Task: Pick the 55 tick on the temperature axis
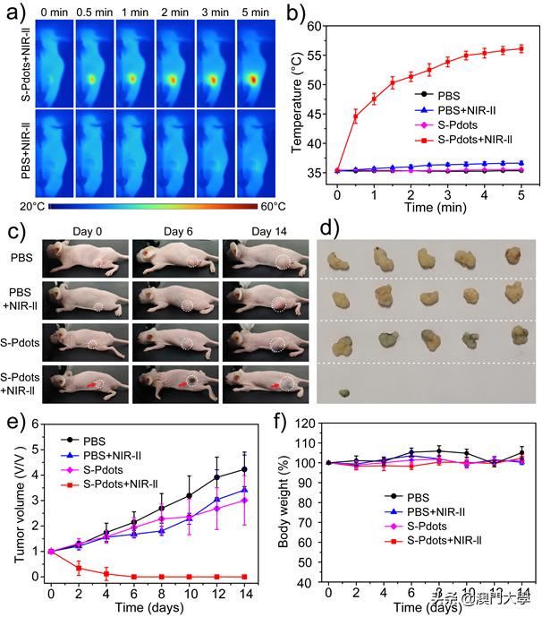coord(316,56)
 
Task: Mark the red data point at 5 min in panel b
coord(521,48)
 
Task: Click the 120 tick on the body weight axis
coord(309,424)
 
